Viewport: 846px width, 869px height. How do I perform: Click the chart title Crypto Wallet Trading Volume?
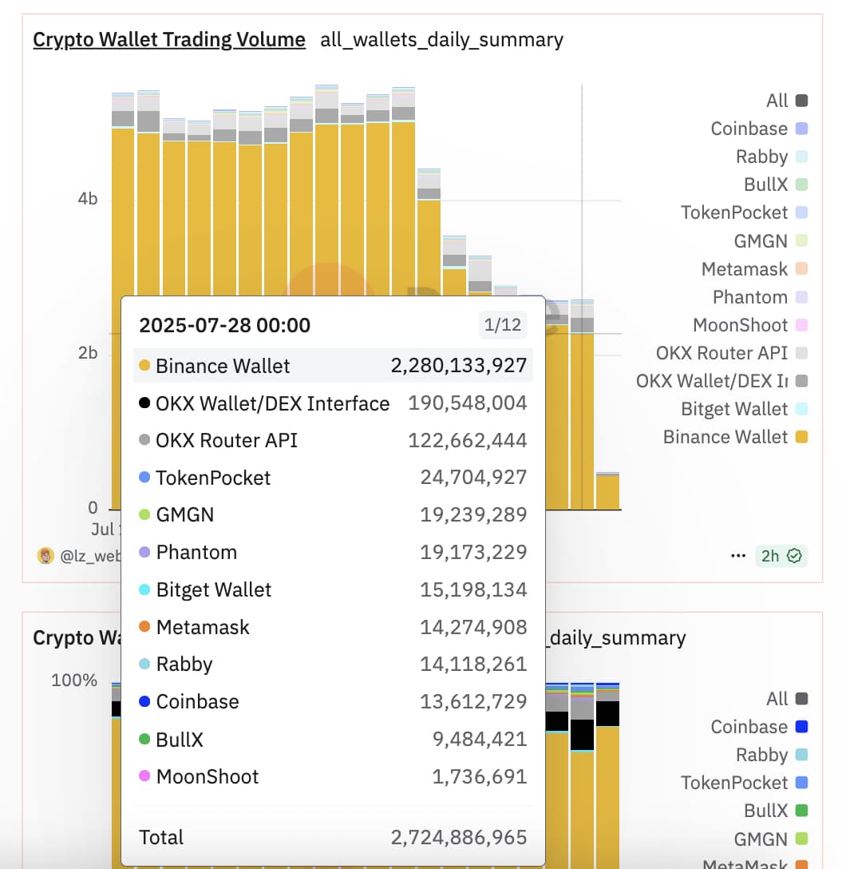click(x=168, y=39)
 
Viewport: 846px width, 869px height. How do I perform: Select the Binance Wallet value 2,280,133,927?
click(x=459, y=366)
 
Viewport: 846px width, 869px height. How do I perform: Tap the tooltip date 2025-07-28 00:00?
click(x=224, y=325)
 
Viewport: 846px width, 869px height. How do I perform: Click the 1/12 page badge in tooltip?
click(x=502, y=325)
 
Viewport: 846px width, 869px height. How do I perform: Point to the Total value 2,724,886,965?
click(x=459, y=837)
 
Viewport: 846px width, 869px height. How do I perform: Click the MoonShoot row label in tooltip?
click(x=208, y=776)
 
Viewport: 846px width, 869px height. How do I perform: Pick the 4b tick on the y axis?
click(x=87, y=199)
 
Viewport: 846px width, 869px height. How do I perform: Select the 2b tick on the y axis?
click(x=87, y=353)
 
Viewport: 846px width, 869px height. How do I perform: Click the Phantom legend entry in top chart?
click(x=750, y=297)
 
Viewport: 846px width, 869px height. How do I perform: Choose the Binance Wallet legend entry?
click(x=725, y=437)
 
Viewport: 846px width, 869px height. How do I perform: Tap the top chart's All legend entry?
click(x=777, y=101)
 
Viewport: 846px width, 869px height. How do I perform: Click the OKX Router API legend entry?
click(x=721, y=353)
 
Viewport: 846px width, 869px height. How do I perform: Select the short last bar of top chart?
click(x=607, y=491)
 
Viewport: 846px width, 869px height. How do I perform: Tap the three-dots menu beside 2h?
click(x=738, y=556)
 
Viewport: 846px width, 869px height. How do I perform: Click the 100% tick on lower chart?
click(x=74, y=681)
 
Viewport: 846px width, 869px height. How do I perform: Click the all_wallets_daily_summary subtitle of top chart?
click(x=441, y=39)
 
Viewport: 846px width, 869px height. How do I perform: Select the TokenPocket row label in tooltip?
click(x=213, y=478)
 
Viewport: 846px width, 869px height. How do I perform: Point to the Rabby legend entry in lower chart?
click(x=762, y=755)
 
